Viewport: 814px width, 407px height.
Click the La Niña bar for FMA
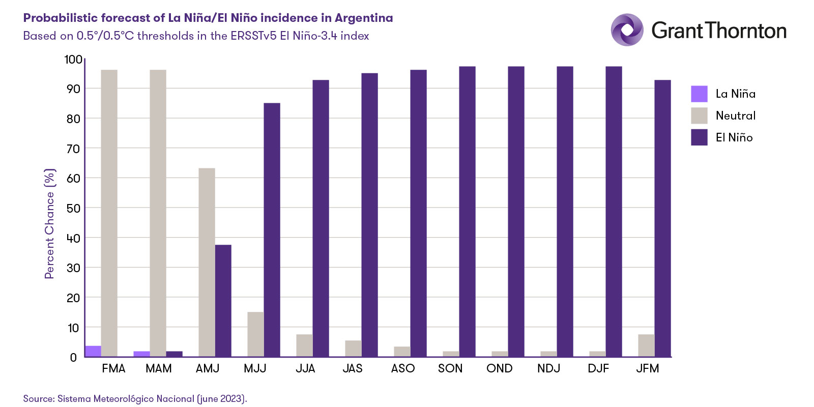coord(93,352)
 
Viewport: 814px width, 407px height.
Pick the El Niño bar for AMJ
coord(223,301)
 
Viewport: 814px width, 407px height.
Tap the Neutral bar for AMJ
coord(207,262)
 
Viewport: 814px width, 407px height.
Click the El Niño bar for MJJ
coord(272,229)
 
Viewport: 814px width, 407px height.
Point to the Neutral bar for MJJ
coord(255,334)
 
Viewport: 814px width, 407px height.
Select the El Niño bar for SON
coord(467,211)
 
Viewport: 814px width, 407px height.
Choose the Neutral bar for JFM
coord(646,345)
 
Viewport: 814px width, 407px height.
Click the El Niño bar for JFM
coord(662,218)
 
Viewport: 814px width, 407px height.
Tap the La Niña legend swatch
coord(699,94)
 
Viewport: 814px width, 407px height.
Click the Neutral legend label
coord(735,116)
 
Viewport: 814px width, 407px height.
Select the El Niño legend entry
coord(734,137)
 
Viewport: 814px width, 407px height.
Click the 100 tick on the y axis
coord(73,60)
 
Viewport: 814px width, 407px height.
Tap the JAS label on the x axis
coord(353,368)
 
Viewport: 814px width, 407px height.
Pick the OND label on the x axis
coord(499,368)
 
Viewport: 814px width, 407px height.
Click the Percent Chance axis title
coord(49,224)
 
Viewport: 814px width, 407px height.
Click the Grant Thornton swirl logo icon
coord(627,30)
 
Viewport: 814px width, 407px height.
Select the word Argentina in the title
coord(364,18)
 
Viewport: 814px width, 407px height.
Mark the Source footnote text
coord(135,399)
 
